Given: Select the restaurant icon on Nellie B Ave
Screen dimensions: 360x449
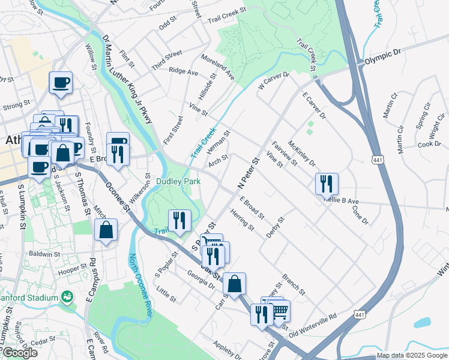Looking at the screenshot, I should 327,184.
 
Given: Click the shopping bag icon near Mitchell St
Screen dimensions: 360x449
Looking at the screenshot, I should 106,230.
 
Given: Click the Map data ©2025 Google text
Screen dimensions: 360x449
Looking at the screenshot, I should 411,355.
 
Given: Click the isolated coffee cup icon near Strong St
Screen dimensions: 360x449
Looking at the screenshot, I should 61,83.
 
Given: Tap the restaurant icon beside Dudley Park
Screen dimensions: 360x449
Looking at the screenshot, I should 179,221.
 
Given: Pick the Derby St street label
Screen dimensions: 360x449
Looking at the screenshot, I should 275,227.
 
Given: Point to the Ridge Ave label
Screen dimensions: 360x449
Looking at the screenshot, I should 183,72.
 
